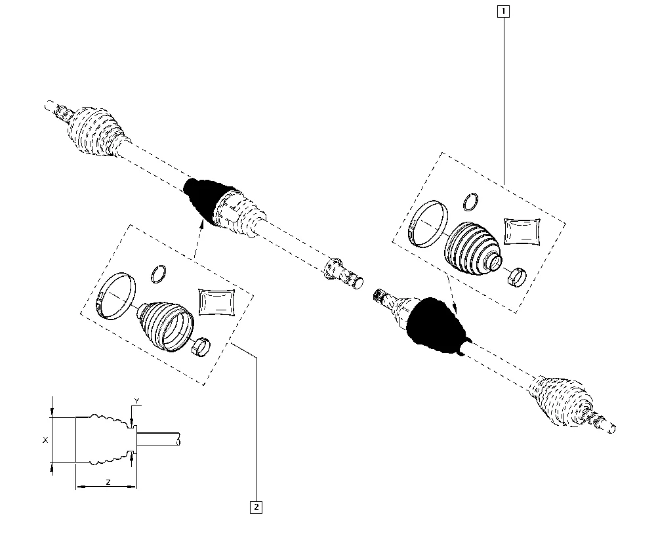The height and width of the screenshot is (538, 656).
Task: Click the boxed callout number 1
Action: pos(503,11)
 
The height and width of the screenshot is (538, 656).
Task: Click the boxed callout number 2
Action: pos(256,507)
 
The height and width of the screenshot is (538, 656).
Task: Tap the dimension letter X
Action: pos(46,440)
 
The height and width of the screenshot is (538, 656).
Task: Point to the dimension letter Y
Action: pos(136,402)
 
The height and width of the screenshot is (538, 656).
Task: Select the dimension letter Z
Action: pos(108,482)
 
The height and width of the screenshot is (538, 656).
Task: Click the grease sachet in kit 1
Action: pos(522,231)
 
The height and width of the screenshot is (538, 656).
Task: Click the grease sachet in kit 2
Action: pos(216,301)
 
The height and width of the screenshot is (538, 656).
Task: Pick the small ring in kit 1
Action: pos(470,201)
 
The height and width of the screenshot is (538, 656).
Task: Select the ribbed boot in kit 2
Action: pos(165,326)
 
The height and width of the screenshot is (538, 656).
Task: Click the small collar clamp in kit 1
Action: pos(517,276)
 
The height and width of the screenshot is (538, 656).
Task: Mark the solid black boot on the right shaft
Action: pos(435,324)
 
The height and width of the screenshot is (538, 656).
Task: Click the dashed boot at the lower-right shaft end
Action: pos(562,402)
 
